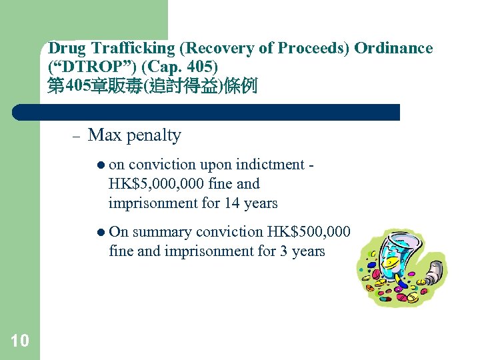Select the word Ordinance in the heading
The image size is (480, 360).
[393, 49]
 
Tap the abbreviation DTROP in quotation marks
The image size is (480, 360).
[78, 67]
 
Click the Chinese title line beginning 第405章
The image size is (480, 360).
[152, 86]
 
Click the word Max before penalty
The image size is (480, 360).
[104, 135]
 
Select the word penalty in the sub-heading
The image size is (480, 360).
[153, 136]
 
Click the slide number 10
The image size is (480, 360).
[20, 341]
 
